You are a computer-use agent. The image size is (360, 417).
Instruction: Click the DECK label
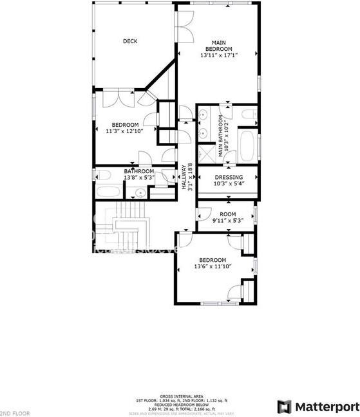coord(130,41)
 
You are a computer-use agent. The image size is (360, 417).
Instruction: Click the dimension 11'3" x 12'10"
coord(125,131)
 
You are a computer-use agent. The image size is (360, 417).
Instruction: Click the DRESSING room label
coord(228,177)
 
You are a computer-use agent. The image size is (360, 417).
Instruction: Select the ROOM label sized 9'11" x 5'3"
coord(228,214)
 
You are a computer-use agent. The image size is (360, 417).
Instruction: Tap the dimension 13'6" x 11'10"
coord(213,266)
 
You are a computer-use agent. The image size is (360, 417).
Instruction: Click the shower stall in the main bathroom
coord(206,154)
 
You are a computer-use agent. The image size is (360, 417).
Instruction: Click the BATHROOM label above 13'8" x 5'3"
coord(139,171)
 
